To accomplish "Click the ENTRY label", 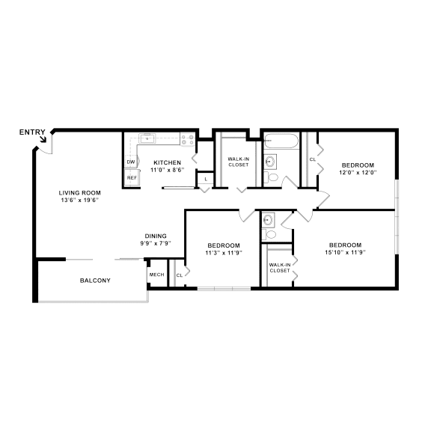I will pos(32,132).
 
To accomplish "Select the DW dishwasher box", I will pos(131,162).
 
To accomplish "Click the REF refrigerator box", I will pos(131,178).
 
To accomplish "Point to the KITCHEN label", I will pos(167,162).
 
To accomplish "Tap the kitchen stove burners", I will pos(187,138).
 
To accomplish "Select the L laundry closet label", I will pos(205,179).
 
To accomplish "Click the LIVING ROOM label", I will pos(79,192).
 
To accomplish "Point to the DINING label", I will pos(156,235).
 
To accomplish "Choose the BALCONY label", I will pos(95,281).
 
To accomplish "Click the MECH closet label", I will pos(156,275).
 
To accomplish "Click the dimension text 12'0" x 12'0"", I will pos(358,172).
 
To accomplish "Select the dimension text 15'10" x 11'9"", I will pos(346,253).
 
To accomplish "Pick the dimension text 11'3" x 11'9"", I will pos(223,253).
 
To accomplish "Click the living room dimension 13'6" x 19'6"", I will pos(79,200).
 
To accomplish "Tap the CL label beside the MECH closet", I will pos(179,275).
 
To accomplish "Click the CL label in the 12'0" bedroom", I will pos(312,159).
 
